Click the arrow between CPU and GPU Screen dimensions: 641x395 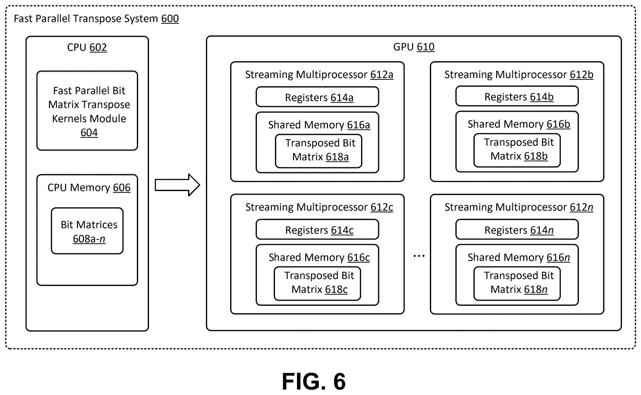point(177,185)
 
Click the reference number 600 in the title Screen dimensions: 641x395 point(170,19)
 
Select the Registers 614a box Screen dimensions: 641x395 point(317,97)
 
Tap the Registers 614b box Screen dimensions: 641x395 point(517,96)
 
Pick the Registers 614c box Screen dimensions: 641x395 point(317,229)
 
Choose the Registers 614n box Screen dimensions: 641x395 point(517,229)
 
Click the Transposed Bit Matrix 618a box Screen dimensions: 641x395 point(319,151)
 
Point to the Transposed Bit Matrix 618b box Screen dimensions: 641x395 point(517,150)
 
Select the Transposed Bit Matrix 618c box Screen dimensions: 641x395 point(317,283)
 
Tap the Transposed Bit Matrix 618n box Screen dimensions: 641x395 point(517,283)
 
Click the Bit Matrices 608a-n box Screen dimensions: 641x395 point(87,231)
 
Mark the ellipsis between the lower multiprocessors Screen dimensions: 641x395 point(419,256)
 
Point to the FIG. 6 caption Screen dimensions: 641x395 point(314,381)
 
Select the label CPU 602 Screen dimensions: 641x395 point(87,48)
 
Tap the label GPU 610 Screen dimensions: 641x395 point(414,47)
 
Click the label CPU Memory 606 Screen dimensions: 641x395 point(89,188)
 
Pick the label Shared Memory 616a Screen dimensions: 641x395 point(319,125)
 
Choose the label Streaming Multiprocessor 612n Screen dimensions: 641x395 point(519,207)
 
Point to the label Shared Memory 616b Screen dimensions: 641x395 point(519,124)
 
